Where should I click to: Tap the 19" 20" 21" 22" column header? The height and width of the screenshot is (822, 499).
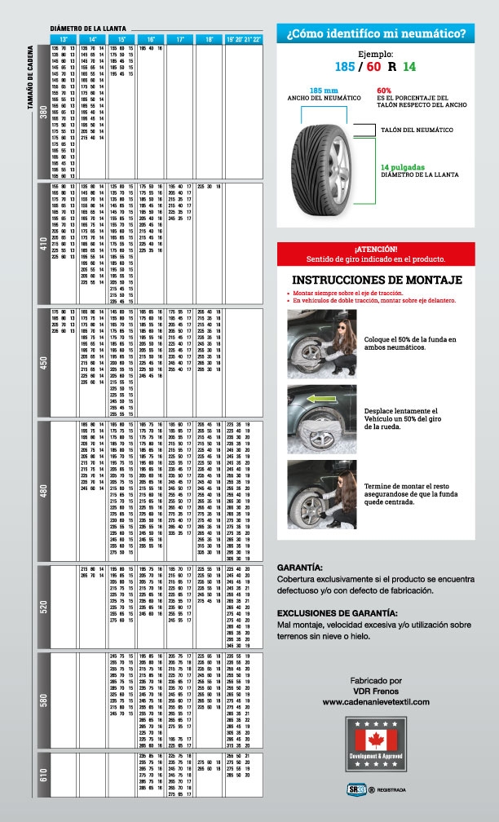point(244,39)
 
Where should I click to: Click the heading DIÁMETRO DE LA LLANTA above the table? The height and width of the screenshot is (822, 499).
point(86,28)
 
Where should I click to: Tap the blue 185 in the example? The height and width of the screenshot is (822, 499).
point(344,66)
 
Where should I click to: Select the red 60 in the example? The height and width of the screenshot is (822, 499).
point(374,66)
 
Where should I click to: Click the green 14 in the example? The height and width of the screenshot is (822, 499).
point(409,66)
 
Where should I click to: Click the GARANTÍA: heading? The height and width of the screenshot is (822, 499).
point(300,567)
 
